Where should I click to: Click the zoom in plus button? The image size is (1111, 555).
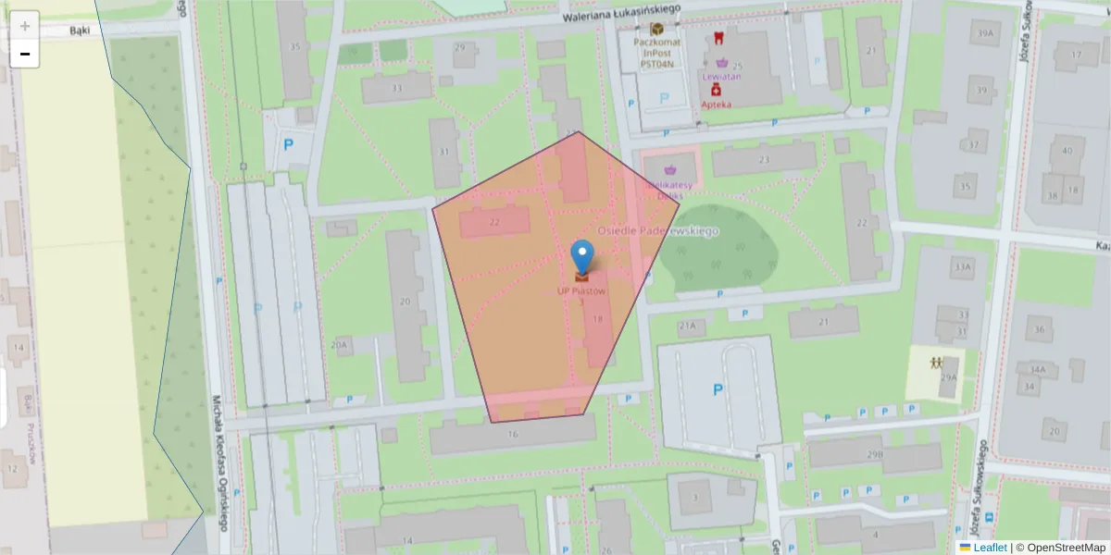pos(24,26)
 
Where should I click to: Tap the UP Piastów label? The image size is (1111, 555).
pos(581,290)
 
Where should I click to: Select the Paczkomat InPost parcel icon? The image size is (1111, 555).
pos(656,29)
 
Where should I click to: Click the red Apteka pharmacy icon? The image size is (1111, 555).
pos(716,91)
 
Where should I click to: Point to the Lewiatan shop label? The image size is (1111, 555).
pos(721,76)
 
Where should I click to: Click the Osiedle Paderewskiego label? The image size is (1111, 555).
pos(658,230)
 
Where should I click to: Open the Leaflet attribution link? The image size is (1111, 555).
pos(989,548)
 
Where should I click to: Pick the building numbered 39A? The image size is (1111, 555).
pos(984,34)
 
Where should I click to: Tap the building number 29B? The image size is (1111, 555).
pos(874,455)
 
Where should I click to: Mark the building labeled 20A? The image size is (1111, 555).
pos(340,345)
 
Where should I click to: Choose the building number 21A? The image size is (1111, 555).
pos(686,326)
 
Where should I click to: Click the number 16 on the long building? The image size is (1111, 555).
pos(513,433)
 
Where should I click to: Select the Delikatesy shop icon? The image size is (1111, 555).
pos(670,169)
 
